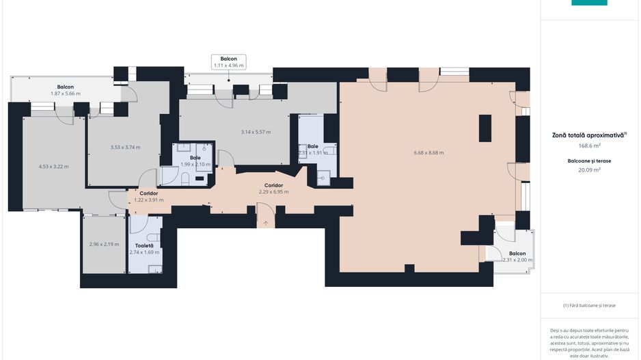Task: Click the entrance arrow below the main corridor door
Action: click(x=266, y=223)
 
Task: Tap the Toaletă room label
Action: click(x=144, y=245)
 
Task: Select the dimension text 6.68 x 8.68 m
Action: click(x=428, y=152)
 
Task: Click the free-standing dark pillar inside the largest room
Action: click(x=485, y=128)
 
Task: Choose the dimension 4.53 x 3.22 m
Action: click(x=53, y=166)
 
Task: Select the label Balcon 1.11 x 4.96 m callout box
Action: click(x=228, y=62)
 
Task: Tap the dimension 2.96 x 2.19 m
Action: click(x=104, y=244)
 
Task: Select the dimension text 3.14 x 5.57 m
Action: click(x=256, y=131)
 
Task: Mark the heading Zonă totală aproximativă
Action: click(x=588, y=135)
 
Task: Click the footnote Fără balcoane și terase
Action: click(x=588, y=305)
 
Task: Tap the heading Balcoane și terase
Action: click(x=588, y=161)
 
